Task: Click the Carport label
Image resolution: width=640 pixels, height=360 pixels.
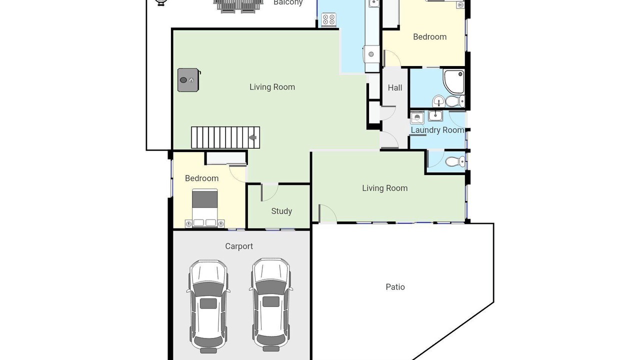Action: pyautogui.click(x=239, y=246)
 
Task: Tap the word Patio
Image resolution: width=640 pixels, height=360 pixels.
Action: pyautogui.click(x=395, y=287)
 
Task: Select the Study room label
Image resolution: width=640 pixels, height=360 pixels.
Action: pyautogui.click(x=281, y=211)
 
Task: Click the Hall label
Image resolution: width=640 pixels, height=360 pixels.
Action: pyautogui.click(x=395, y=87)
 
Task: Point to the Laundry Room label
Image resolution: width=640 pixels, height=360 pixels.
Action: pyautogui.click(x=437, y=130)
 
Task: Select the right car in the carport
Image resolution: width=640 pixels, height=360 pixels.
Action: pyautogui.click(x=271, y=304)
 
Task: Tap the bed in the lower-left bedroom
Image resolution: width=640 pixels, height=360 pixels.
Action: pyautogui.click(x=204, y=208)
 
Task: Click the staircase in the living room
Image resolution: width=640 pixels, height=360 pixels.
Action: pyautogui.click(x=225, y=137)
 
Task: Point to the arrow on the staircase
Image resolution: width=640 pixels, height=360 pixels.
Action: pyautogui.click(x=252, y=137)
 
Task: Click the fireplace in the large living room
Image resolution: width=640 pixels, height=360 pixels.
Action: pyautogui.click(x=188, y=80)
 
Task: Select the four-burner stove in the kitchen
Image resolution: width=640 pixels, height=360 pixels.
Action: pyautogui.click(x=328, y=20)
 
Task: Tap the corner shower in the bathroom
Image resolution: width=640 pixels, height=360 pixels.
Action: pyautogui.click(x=453, y=82)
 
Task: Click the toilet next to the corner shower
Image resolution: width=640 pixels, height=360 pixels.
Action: pyautogui.click(x=455, y=101)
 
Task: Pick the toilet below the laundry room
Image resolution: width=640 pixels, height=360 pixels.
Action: pyautogui.click(x=455, y=161)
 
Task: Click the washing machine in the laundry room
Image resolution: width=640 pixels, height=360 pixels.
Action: pyautogui.click(x=417, y=117)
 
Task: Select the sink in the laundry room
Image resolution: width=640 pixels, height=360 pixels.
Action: pyautogui.click(x=435, y=115)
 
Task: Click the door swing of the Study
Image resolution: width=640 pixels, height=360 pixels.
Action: pyautogui.click(x=269, y=192)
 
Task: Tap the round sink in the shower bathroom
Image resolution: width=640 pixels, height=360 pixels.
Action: pyautogui.click(x=438, y=101)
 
